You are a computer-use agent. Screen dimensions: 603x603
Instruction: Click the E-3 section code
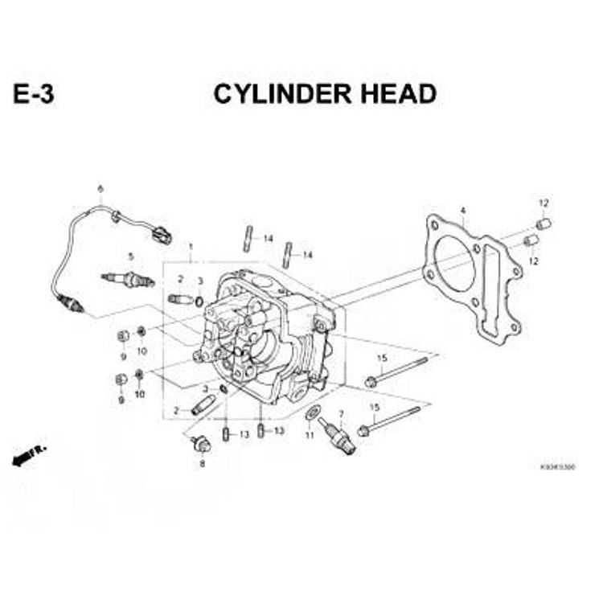click(34, 94)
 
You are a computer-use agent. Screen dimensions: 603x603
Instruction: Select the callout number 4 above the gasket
click(463, 211)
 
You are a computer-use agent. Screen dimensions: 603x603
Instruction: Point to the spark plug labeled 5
click(127, 280)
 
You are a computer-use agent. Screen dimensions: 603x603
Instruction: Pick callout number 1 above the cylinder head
click(191, 245)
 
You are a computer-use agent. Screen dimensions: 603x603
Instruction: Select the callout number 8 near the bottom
click(202, 464)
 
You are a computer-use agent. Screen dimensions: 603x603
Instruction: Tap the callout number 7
click(341, 414)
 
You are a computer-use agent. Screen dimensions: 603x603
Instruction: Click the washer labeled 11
click(313, 413)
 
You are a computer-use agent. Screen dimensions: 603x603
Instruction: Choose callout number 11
click(309, 435)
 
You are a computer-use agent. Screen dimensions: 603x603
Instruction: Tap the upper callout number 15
click(382, 358)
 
